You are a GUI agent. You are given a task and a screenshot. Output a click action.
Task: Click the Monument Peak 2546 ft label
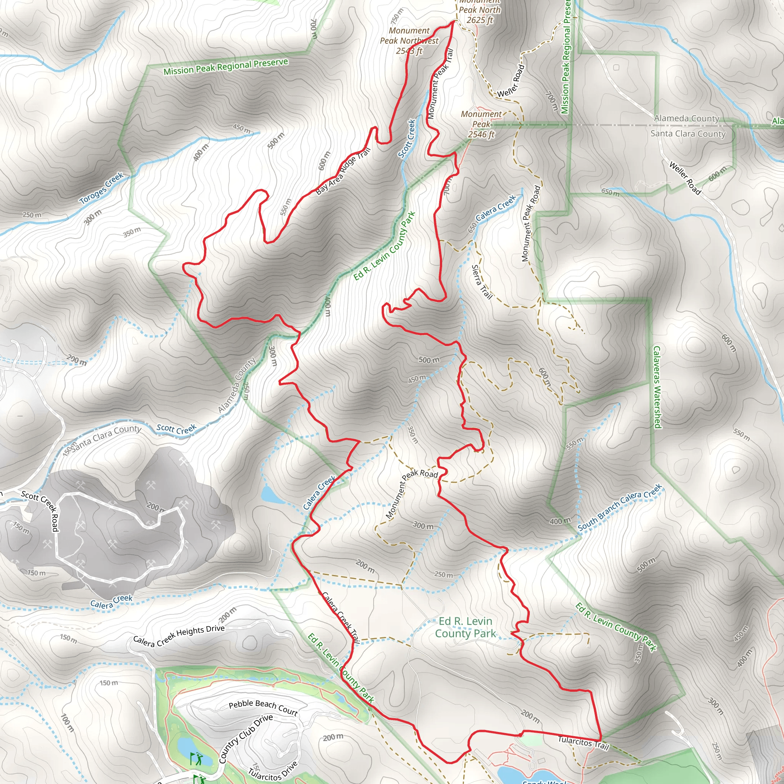(x=481, y=124)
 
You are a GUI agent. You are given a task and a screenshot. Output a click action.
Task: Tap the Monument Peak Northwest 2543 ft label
(x=409, y=41)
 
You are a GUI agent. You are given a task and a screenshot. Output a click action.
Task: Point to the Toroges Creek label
(x=101, y=188)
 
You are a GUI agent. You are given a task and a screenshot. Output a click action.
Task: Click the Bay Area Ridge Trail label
(x=343, y=171)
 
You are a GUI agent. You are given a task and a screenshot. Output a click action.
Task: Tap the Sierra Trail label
(x=482, y=282)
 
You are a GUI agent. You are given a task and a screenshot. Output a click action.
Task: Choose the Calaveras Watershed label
(x=657, y=387)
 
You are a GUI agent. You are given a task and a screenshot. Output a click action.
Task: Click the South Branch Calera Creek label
(x=620, y=506)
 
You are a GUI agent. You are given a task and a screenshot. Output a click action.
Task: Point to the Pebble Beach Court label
(x=263, y=707)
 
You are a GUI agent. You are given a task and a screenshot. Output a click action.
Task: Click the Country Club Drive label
(x=245, y=739)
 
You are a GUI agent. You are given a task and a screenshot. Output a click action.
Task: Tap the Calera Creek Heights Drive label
(x=178, y=635)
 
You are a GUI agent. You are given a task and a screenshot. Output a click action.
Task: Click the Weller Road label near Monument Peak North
(x=511, y=81)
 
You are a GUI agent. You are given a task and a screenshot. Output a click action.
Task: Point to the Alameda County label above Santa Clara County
(x=687, y=119)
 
